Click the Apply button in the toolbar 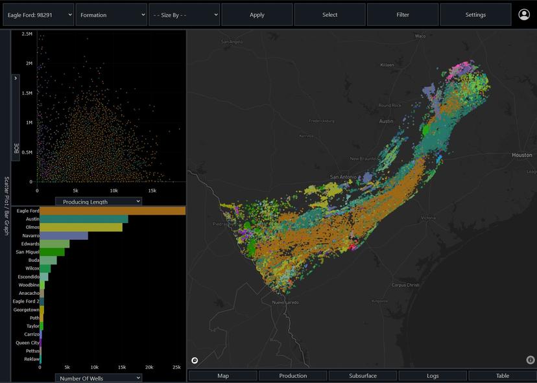257,15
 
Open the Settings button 475,15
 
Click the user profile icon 524,14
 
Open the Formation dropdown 111,15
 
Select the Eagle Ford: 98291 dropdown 38,15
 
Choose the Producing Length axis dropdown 98,202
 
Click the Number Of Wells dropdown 98,378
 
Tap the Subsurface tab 363,376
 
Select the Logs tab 433,376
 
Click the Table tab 503,376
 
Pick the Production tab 293,376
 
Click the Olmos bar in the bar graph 81,227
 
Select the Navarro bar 64,236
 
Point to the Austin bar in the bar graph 84,219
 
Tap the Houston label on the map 522,156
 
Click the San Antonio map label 344,177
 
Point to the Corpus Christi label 407,285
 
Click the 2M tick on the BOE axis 28,64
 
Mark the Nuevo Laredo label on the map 284,303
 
